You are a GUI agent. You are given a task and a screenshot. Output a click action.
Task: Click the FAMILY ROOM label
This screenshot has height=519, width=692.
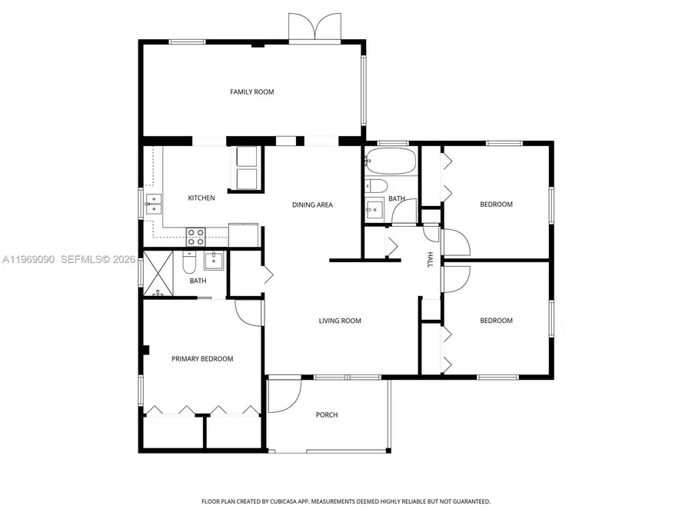(x=251, y=92)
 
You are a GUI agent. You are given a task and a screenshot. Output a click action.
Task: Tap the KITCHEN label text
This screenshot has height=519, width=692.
(x=201, y=198)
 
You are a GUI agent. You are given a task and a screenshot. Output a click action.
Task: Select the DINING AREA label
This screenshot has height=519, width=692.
(x=312, y=205)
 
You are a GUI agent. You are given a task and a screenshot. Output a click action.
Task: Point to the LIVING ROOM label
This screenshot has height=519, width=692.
(x=340, y=321)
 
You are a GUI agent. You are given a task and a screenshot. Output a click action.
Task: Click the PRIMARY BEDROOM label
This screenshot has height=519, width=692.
(x=201, y=358)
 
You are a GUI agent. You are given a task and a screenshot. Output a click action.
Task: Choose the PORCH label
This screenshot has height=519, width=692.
(x=327, y=415)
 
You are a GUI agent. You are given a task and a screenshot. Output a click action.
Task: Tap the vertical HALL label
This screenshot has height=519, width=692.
(x=430, y=259)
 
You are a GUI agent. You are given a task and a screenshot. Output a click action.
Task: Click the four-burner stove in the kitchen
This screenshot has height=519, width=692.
(x=196, y=236)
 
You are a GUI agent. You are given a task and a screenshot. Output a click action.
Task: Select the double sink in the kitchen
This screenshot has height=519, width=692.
(x=154, y=203)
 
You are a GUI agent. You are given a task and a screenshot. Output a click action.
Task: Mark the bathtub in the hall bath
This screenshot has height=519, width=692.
(x=391, y=161)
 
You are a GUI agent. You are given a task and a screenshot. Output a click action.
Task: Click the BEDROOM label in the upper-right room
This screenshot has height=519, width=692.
(x=496, y=205)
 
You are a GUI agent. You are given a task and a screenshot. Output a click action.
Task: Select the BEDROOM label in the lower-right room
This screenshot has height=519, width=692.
(x=496, y=321)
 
